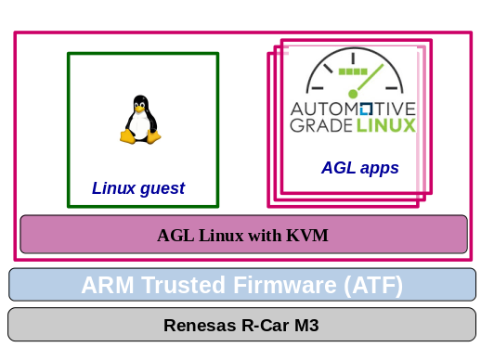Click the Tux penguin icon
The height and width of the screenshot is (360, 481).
pyautogui.click(x=140, y=120)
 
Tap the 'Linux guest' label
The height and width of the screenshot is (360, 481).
pyautogui.click(x=137, y=188)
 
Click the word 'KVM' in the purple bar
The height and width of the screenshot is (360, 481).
pyautogui.click(x=308, y=236)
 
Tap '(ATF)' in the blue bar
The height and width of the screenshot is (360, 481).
pyautogui.click(x=373, y=285)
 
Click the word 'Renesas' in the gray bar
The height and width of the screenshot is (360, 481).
pyautogui.click(x=198, y=326)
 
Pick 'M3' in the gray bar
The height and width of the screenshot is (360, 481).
pyautogui.click(x=304, y=326)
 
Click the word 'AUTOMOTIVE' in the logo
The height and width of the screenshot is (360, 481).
pyautogui.click(x=353, y=108)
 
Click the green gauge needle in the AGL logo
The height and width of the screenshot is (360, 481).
pyautogui.click(x=361, y=85)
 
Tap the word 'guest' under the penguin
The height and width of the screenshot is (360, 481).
pyautogui.click(x=162, y=188)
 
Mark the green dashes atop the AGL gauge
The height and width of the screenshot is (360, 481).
pyautogui.click(x=353, y=71)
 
